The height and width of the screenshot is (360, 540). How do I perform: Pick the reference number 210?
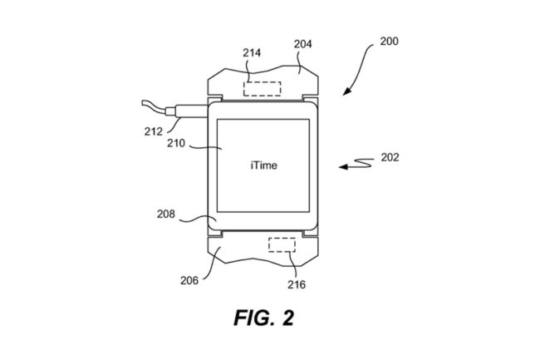coord(176,141)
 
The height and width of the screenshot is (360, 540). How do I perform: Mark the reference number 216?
coord(297,284)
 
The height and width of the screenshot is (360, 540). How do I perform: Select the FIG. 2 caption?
coord(264,318)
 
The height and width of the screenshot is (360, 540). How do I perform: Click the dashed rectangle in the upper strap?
coord(262,87)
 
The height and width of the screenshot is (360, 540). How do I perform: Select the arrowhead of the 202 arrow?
coord(342,168)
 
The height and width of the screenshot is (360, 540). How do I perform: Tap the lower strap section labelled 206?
coord(241,254)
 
